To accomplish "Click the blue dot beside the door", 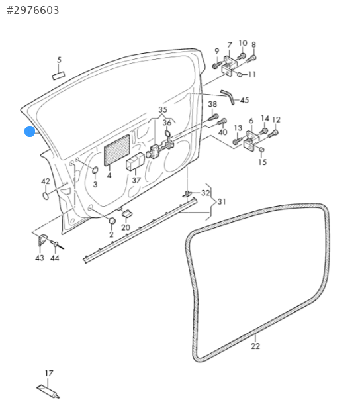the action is point(30,131).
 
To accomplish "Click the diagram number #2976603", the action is point(32,10).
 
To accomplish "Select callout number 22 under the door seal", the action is point(255,346).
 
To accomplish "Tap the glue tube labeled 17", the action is point(48,391).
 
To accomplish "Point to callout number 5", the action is point(60,60).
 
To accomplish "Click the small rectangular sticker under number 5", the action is point(58,76).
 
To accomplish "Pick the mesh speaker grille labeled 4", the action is point(116,150).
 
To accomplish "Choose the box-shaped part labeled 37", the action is point(135,161).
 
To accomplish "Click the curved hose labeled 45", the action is point(228,97).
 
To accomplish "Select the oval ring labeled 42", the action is point(46,195).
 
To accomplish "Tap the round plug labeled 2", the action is point(112,221).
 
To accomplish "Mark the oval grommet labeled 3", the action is point(95,170).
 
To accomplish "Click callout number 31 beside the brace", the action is point(222,201).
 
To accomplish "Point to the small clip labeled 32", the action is point(187,194).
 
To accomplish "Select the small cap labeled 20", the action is point(126,213).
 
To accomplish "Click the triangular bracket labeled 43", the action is point(42,240).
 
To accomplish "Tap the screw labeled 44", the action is point(57,244).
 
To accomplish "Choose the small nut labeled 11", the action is point(239,75).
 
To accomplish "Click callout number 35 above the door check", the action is point(163,109).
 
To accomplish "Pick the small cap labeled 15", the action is point(261,150).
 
